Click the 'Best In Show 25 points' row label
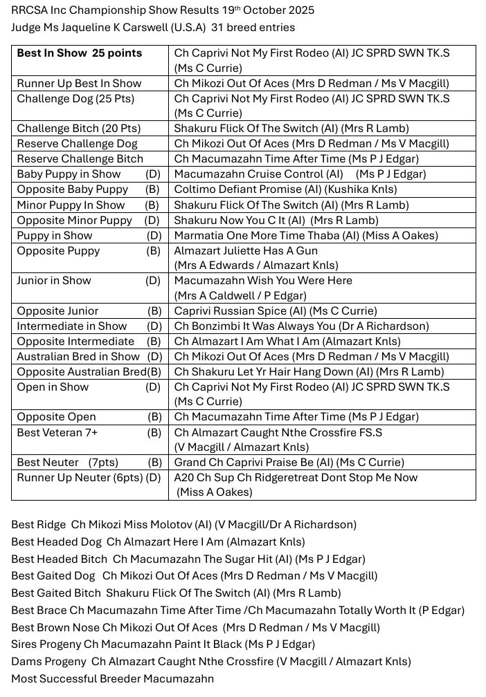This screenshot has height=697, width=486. coord(79,53)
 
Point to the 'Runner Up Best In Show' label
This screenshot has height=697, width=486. coord(79,84)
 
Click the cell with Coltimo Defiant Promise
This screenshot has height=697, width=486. coord(285,189)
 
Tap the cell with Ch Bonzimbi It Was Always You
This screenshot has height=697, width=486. coord(301,326)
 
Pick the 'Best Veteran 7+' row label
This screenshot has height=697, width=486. coord(57,432)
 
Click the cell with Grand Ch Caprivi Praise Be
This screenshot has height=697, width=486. coord(289,463)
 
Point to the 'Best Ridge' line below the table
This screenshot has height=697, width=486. coord(183,525)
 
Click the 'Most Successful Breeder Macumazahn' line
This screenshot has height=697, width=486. coord(112,679)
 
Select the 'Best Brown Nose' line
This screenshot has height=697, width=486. coord(195,628)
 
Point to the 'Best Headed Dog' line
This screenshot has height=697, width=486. coord(158,542)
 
